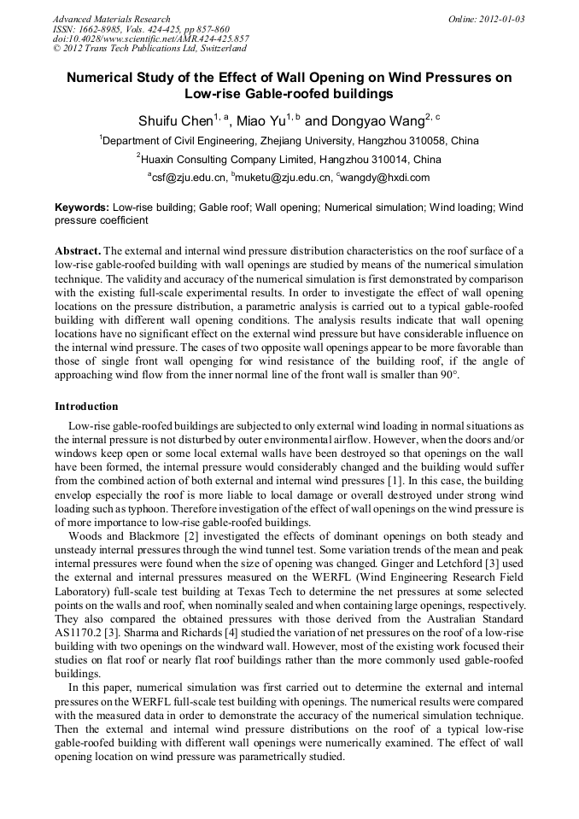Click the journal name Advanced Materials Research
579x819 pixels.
[x=111, y=19]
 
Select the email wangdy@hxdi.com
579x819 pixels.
[x=385, y=178]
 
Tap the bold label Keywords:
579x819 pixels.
[x=82, y=208]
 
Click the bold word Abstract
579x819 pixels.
[x=78, y=250]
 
